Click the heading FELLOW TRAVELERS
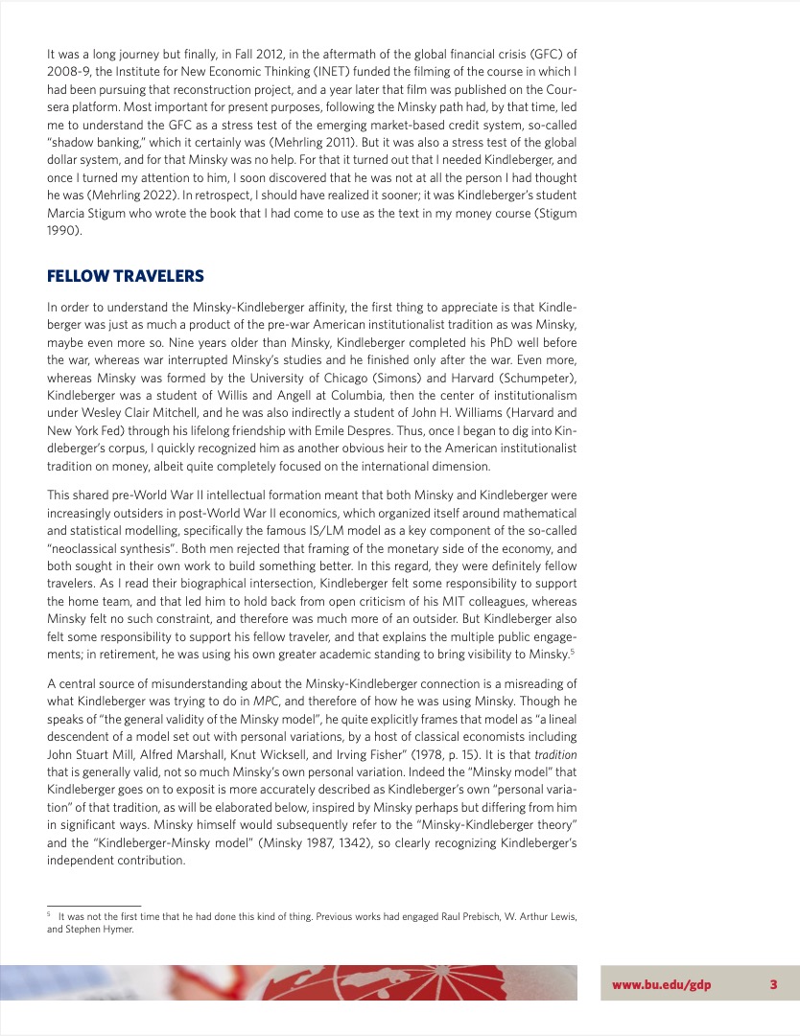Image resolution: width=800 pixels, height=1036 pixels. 126,277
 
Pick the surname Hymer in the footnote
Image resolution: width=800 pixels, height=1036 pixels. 115,929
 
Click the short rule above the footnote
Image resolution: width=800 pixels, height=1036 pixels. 94,905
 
